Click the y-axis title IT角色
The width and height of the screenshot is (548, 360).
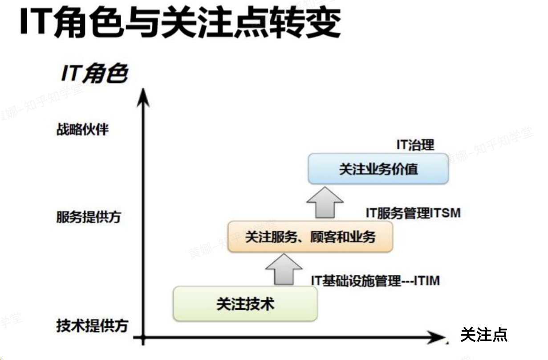click(x=94, y=74)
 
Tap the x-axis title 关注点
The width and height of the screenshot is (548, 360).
click(x=483, y=335)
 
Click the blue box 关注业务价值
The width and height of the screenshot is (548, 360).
click(x=378, y=169)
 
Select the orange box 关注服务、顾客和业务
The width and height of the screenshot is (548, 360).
click(x=310, y=237)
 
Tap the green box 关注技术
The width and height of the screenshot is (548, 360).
click(x=245, y=304)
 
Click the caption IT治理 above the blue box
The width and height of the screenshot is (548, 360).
click(x=415, y=145)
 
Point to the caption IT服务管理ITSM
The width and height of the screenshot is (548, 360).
click(x=413, y=213)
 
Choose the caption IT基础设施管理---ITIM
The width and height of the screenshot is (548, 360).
click(x=375, y=281)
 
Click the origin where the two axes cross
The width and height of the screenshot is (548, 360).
click(x=143, y=337)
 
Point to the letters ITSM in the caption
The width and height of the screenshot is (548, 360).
click(x=445, y=213)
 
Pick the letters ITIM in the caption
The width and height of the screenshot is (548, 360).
click(x=426, y=281)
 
